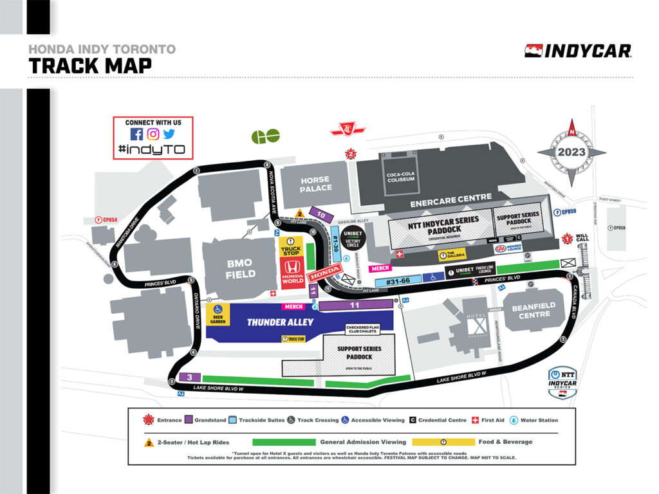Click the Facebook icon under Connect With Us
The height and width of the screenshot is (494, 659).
(x=136, y=134)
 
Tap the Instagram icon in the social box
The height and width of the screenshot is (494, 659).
(x=153, y=134)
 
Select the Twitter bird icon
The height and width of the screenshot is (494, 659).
(x=169, y=134)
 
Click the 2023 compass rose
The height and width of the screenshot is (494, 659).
(x=571, y=152)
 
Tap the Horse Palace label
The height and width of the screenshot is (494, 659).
(x=315, y=183)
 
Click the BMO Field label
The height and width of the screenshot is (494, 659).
(x=240, y=268)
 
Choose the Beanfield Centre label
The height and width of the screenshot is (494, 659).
(x=534, y=311)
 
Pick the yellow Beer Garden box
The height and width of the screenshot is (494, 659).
(x=218, y=314)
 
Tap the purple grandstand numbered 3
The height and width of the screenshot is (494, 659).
(x=189, y=377)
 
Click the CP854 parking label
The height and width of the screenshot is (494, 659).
(x=106, y=219)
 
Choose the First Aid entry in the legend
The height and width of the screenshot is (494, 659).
(x=487, y=420)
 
